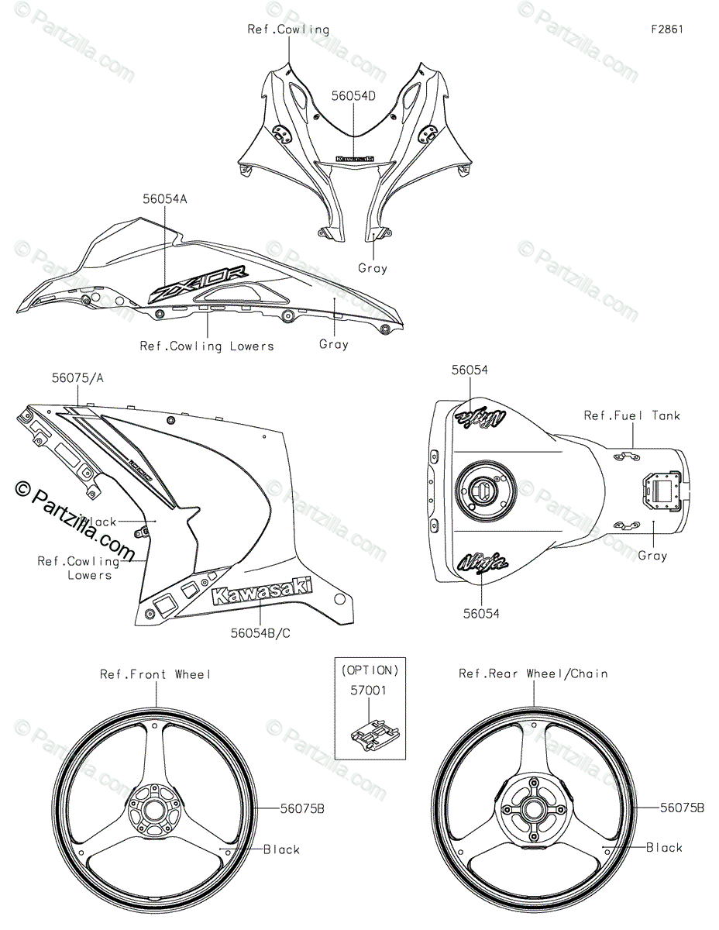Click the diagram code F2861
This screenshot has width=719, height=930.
point(667,29)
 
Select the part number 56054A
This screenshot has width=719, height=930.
point(164,199)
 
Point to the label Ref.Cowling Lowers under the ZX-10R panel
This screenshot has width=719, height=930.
point(207,346)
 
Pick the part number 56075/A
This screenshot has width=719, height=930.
point(77,378)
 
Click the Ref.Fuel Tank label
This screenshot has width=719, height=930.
point(631,416)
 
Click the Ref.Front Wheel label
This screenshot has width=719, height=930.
point(155,674)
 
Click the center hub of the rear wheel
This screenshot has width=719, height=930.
point(533,809)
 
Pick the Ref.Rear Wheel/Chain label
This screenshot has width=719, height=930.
point(533,674)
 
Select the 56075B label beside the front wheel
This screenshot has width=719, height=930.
point(301,808)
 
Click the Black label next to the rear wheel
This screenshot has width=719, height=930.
point(664,848)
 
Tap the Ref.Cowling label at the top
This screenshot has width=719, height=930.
point(288,29)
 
